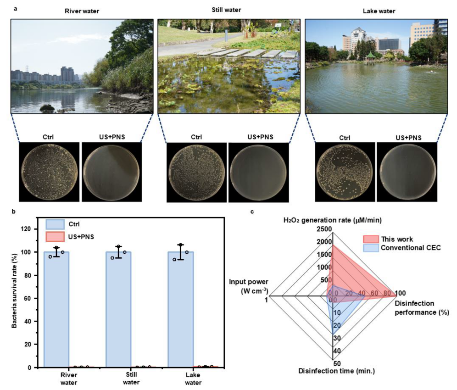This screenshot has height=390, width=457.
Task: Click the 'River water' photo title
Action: tap(82, 11)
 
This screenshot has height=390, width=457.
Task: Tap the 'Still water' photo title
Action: tap(226, 10)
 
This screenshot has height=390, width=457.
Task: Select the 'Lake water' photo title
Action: tap(379, 11)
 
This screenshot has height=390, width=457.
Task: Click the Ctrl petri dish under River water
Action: tap(50, 172)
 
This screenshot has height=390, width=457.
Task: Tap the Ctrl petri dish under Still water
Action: tap(197, 173)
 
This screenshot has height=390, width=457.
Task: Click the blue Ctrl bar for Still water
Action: tap(118, 310)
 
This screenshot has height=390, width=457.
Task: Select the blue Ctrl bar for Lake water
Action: tap(180, 310)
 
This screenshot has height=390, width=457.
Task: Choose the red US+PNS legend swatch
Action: tap(55, 237)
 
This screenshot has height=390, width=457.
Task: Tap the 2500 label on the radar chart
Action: tap(324, 229)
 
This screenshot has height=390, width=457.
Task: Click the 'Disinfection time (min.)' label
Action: tap(336, 371)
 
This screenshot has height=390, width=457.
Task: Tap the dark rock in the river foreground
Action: tap(47, 108)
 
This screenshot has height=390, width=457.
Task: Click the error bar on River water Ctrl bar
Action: tap(56, 252)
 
